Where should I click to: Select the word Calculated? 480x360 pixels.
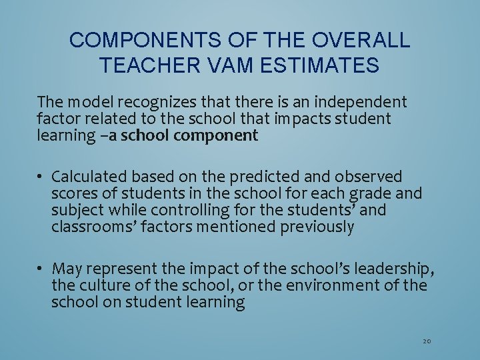tap(89, 177)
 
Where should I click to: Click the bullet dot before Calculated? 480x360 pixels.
tap(41, 177)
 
